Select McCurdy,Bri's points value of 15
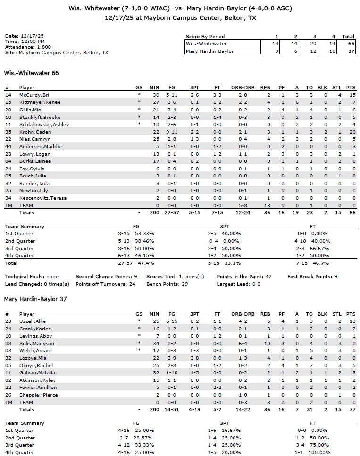pos(350,95)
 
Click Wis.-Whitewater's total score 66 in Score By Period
pos(348,43)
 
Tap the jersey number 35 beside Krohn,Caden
pos(8,132)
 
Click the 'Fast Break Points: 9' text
pos(312,276)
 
